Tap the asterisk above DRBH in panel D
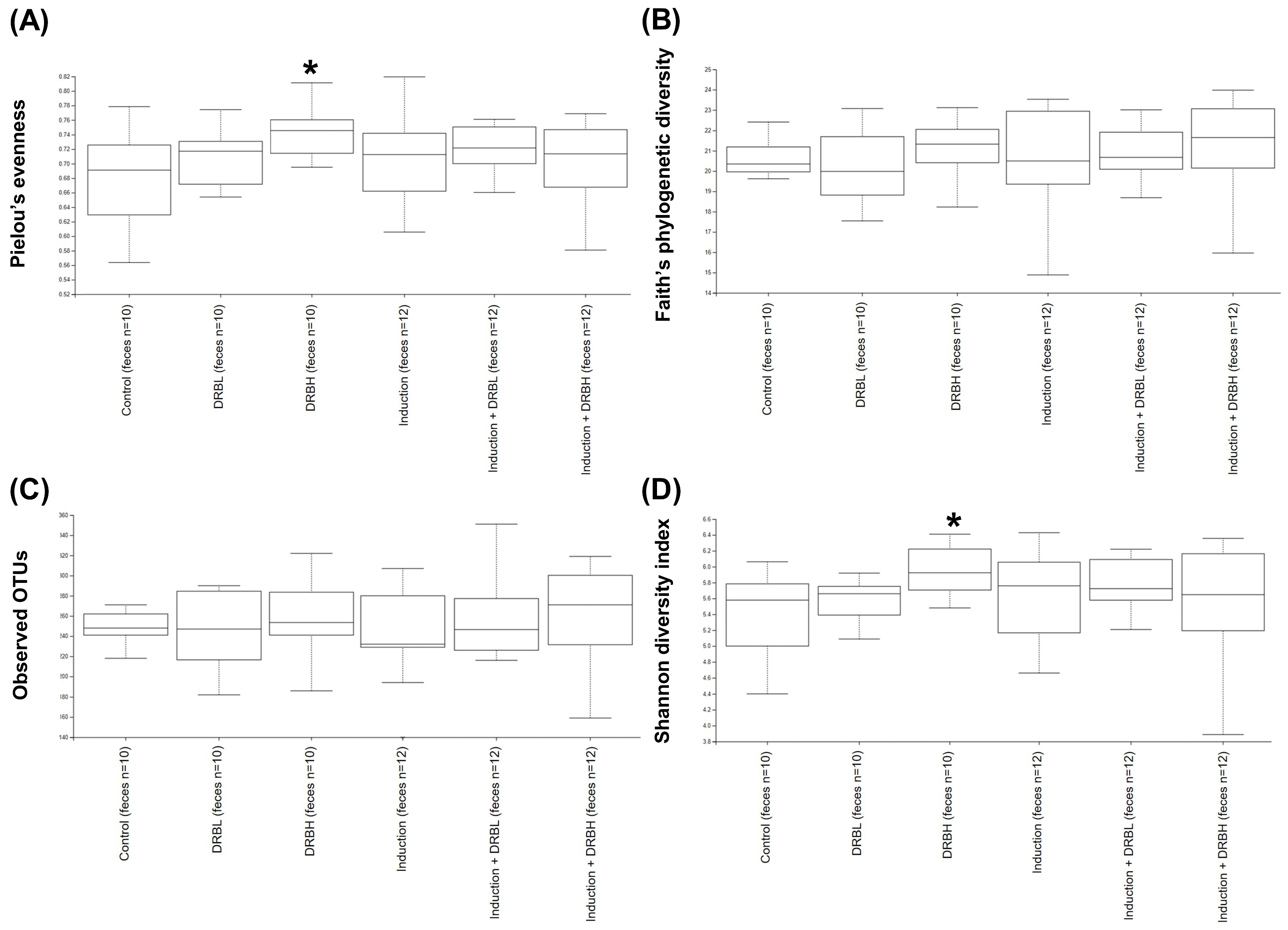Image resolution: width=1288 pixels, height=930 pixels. (953, 521)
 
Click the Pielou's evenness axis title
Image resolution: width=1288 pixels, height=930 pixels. (18, 183)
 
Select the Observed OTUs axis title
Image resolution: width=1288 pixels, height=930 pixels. (20, 625)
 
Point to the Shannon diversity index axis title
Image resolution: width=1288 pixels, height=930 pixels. (663, 631)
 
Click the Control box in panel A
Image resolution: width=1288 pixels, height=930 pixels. (130, 179)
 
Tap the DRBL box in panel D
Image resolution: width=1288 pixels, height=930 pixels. (859, 601)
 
